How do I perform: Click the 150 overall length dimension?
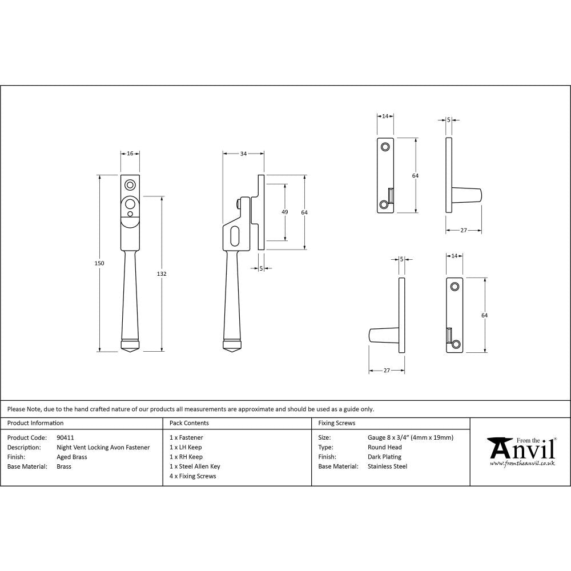pyautogui.click(x=99, y=263)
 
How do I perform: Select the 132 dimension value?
pyautogui.click(x=162, y=274)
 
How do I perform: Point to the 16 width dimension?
pyautogui.click(x=130, y=154)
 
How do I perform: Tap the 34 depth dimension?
pyautogui.click(x=243, y=154)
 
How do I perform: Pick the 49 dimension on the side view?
pyautogui.click(x=285, y=212)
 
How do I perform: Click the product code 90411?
pyautogui.click(x=66, y=437)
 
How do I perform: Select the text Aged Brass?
pyautogui.click(x=72, y=457)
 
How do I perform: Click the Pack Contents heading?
pyautogui.click(x=189, y=423)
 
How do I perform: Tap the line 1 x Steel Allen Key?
pyautogui.click(x=195, y=467)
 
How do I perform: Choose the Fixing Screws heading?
pyautogui.click(x=336, y=423)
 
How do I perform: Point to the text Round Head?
pyautogui.click(x=384, y=447)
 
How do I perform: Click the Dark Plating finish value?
pyautogui.click(x=384, y=457)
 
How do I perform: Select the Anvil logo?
pyautogui.click(x=521, y=451)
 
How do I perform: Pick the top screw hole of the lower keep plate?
pyautogui.click(x=455, y=286)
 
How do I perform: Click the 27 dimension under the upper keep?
pyautogui.click(x=463, y=231)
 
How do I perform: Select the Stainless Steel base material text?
pyautogui.click(x=387, y=467)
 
